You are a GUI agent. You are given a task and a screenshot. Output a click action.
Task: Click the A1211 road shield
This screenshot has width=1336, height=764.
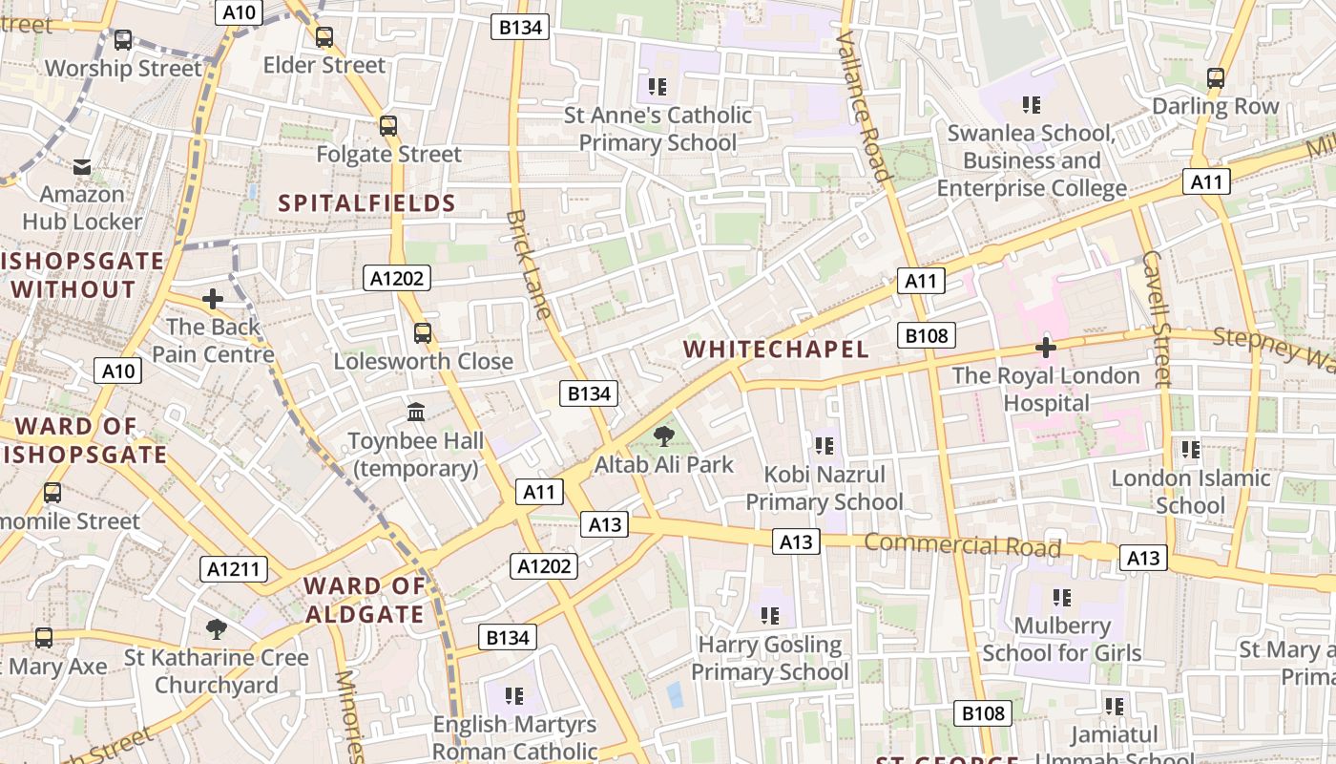click(x=234, y=570)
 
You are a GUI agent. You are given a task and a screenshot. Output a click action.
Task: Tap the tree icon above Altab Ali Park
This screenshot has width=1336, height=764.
click(x=663, y=437)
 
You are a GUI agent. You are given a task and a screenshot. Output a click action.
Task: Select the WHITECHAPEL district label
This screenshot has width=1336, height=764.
click(x=776, y=350)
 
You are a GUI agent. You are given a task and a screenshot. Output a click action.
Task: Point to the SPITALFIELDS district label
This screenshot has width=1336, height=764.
click(x=367, y=202)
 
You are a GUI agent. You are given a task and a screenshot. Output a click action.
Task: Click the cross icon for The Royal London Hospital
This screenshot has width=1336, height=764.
click(x=1046, y=348)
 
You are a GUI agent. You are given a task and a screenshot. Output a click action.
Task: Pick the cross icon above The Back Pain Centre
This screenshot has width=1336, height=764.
click(x=213, y=299)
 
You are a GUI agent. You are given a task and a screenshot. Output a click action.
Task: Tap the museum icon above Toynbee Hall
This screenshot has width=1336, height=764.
click(x=416, y=413)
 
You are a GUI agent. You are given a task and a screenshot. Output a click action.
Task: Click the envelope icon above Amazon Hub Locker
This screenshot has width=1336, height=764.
click(x=83, y=167)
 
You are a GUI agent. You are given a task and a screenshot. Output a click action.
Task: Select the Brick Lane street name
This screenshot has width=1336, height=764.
click(x=530, y=265)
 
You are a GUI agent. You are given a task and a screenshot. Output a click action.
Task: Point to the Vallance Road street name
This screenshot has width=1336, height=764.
click(x=864, y=105)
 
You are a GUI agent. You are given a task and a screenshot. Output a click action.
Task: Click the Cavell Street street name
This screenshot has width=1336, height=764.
click(x=1156, y=318)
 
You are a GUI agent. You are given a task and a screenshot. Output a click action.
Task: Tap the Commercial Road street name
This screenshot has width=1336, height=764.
click(x=963, y=545)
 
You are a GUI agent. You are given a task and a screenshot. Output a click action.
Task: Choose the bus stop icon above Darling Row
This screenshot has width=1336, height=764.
click(x=1215, y=77)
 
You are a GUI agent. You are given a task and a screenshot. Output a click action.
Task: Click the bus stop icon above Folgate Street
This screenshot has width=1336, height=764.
click(x=387, y=125)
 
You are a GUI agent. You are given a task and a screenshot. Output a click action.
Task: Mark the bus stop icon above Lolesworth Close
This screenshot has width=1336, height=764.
click(x=423, y=333)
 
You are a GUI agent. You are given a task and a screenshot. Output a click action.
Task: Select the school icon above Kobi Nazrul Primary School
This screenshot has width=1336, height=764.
click(x=825, y=445)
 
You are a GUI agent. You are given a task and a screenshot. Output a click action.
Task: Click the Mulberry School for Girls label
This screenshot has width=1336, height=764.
click(x=1061, y=640)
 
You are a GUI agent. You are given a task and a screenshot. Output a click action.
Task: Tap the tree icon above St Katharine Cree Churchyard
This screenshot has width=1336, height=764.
click(x=217, y=628)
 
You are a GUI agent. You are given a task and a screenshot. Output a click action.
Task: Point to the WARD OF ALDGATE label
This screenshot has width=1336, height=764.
click(x=364, y=600)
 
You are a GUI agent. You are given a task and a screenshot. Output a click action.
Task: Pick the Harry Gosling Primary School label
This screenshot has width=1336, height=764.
click(x=769, y=659)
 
